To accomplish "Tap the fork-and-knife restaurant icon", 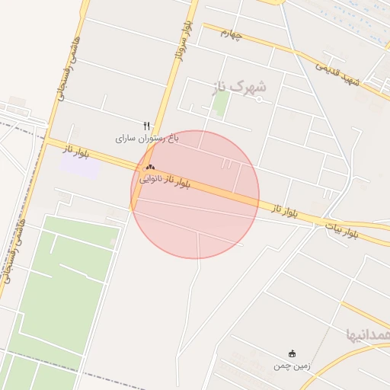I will [x=146, y=126].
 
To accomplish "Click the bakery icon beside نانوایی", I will [x=149, y=168].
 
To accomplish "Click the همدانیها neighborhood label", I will [x=368, y=334].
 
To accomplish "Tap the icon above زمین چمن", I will [x=292, y=353].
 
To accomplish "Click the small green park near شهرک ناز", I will [x=221, y=104].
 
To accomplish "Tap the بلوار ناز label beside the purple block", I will [x=75, y=151].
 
